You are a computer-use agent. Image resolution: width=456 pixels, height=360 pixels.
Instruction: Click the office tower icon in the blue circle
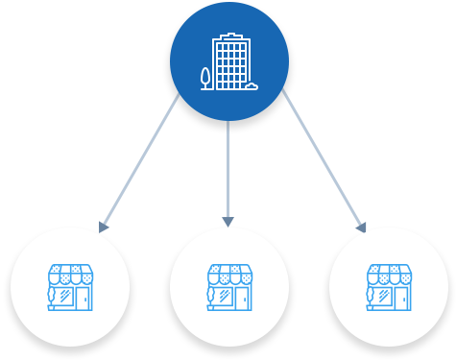[229, 63]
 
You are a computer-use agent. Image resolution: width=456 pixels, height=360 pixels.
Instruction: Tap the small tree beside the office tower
[205, 78]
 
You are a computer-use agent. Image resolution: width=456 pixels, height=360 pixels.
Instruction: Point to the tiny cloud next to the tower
[251, 85]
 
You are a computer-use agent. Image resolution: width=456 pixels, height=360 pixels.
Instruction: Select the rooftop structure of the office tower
[230, 36]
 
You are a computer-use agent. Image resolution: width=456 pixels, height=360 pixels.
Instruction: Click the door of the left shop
[83, 298]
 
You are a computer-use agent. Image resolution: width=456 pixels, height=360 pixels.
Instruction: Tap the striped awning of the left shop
[70, 275]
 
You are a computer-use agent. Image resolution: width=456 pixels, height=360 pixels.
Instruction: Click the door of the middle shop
[242, 298]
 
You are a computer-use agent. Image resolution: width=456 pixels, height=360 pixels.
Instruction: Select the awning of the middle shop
[229, 275]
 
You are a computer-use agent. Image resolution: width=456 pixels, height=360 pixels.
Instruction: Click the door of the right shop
[401, 298]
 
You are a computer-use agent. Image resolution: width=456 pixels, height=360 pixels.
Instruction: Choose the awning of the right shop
[389, 275]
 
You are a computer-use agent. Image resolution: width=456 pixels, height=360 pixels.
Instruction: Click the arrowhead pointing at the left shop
[104, 227]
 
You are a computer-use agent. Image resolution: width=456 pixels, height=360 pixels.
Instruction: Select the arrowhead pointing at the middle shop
[228, 221]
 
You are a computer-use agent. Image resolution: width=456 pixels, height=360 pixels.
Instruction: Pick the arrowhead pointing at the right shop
[362, 228]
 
